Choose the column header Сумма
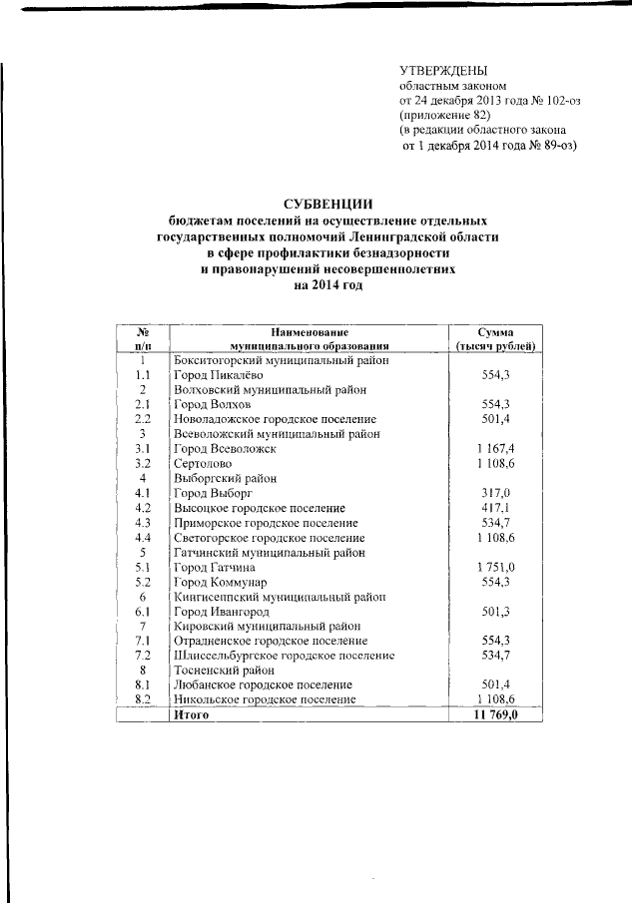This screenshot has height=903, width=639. [495, 330]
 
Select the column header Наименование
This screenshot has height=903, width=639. [310, 330]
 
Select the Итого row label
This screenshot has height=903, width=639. [191, 715]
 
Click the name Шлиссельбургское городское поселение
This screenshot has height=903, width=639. [284, 656]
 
